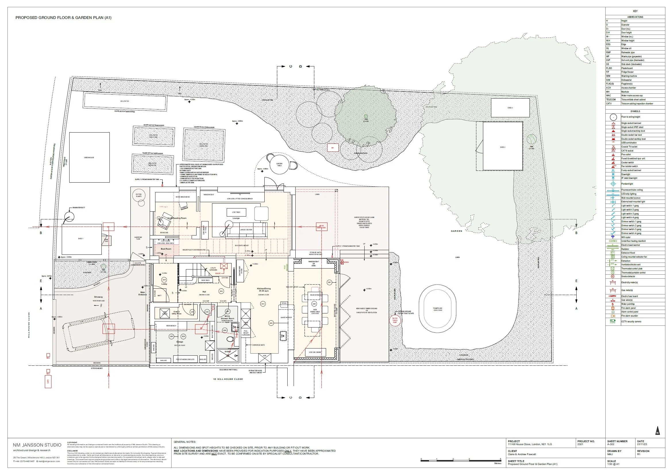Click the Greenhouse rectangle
tap(89, 158)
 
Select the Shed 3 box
tap(510, 108)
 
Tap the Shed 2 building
tap(502, 146)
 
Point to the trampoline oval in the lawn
tap(437, 310)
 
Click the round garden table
tap(279, 164)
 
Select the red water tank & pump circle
tap(395, 320)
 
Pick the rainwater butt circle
tap(69, 217)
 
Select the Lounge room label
tap(236, 218)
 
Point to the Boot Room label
tap(166, 249)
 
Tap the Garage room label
tap(179, 342)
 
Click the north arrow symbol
tap(657, 431)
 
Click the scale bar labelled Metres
tap(461, 461)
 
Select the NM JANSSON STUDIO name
tap(37, 445)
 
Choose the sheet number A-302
tap(611, 444)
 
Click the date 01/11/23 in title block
tap(641, 444)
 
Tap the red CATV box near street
tap(48, 382)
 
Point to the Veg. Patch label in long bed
tap(124, 101)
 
